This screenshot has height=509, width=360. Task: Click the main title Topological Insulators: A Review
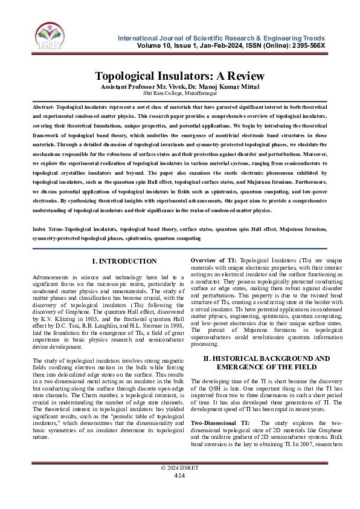(x=180, y=76)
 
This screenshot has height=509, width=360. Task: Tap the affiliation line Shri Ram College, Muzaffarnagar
(x=180, y=94)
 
